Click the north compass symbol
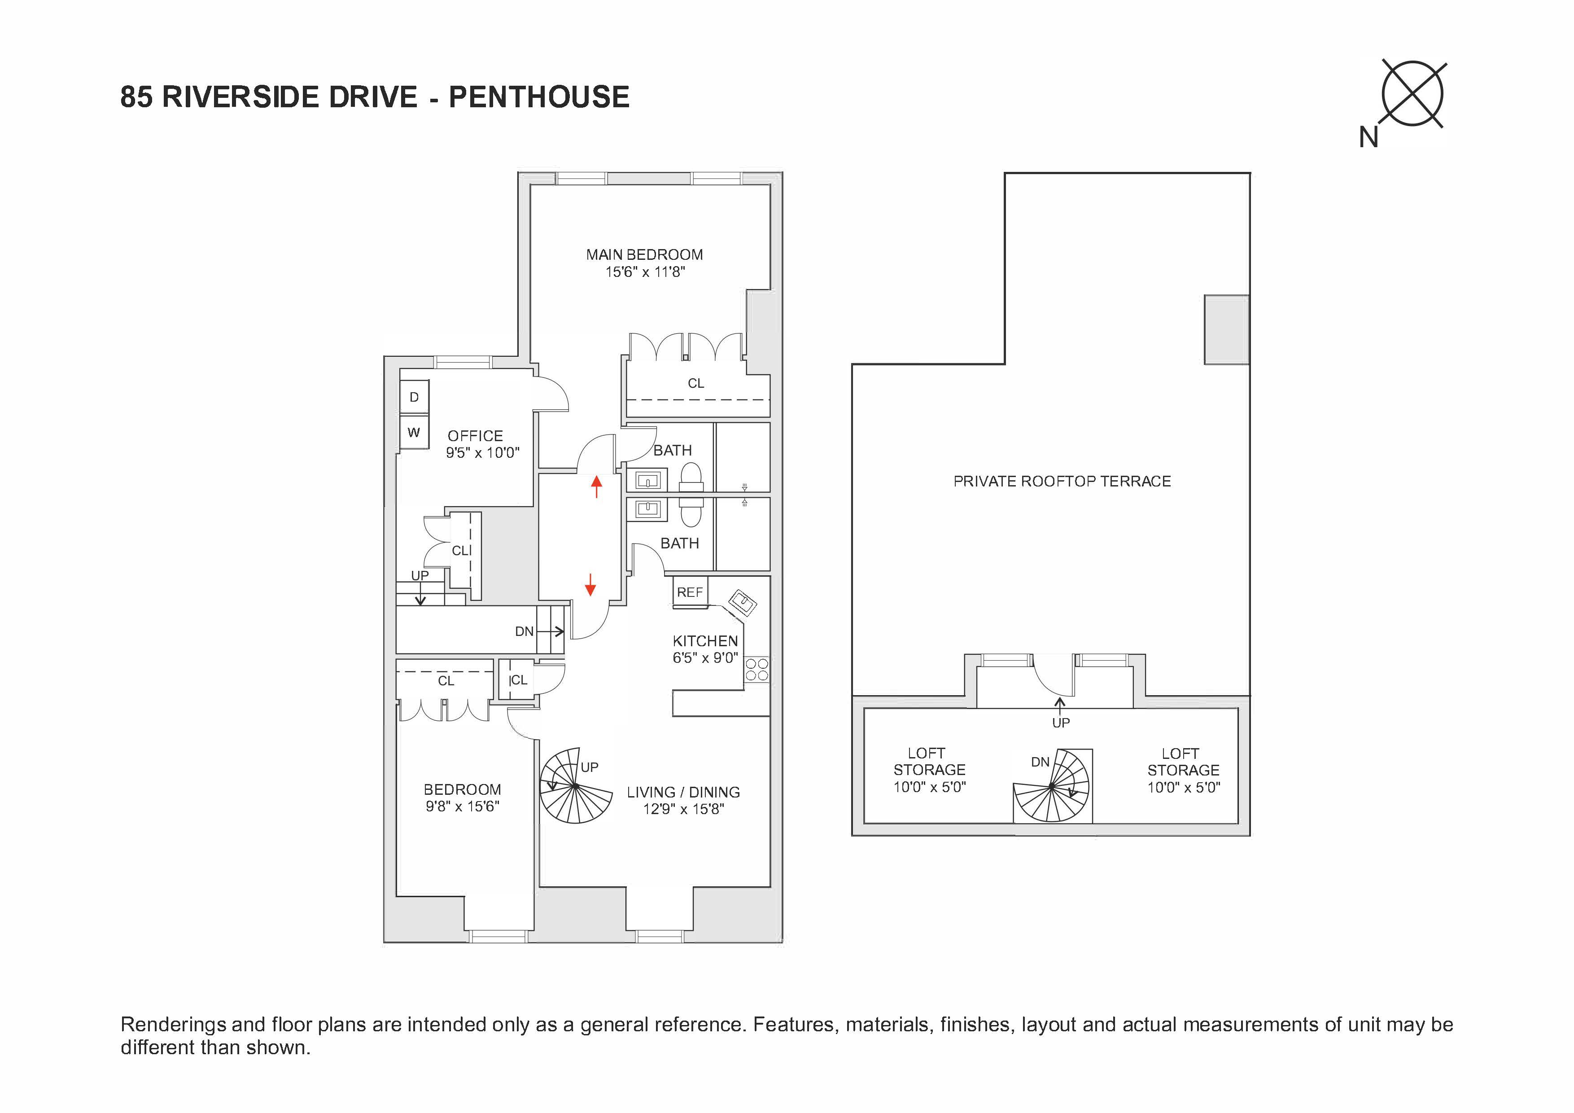tap(1412, 95)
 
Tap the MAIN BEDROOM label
tap(644, 254)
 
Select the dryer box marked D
tap(414, 397)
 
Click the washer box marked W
tap(414, 432)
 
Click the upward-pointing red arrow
tap(596, 486)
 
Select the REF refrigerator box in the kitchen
tap(690, 592)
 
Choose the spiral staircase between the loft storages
tap(1052, 787)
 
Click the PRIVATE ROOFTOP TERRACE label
tap(1062, 482)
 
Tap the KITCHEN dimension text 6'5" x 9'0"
tap(705, 657)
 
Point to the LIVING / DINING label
tap(683, 792)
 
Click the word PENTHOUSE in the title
tap(539, 97)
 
